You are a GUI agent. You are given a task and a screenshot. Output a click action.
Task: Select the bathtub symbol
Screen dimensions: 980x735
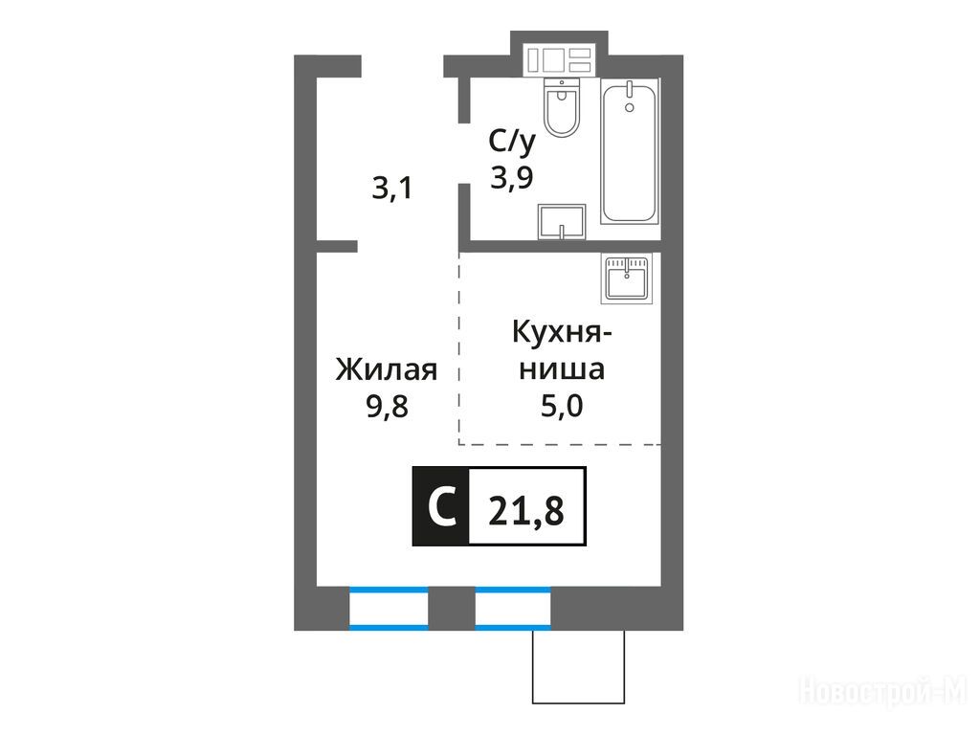point(630,151)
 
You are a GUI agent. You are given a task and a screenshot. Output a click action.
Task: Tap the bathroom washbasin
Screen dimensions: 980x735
point(561,221)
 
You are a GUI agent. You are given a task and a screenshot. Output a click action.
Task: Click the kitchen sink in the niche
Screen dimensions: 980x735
point(626,278)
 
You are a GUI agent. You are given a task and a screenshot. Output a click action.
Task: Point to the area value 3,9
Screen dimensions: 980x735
point(512,178)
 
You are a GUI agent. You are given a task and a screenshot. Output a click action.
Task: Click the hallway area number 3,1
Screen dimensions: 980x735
point(392,189)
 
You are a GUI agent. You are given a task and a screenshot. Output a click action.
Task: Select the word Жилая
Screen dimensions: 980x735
point(387,370)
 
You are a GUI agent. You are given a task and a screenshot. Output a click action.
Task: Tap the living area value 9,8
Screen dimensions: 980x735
point(387,407)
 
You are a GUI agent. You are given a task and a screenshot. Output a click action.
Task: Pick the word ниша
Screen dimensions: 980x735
point(562,369)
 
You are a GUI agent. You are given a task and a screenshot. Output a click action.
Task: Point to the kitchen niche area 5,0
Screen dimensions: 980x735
point(562,406)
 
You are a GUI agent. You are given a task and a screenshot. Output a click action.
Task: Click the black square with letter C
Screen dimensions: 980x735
point(440,506)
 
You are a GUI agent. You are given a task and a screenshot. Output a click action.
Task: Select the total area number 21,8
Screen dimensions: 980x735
point(526,511)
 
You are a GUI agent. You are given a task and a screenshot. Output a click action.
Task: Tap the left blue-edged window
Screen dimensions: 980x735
point(389,608)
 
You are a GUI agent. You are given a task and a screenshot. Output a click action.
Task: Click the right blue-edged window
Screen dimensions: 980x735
point(513,608)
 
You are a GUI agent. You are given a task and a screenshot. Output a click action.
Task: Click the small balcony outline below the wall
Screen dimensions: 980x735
point(579,666)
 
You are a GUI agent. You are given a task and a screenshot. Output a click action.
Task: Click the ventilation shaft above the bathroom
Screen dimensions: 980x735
point(559,60)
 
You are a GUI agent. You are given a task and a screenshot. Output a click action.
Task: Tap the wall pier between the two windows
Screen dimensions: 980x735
point(452,608)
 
